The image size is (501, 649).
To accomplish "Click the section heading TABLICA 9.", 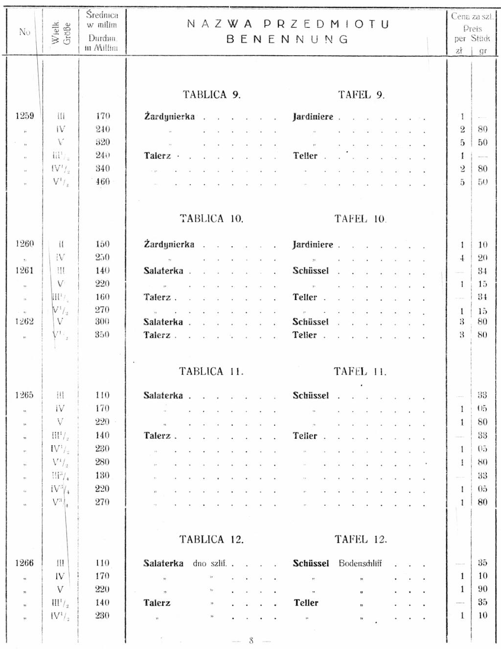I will pos(212,95).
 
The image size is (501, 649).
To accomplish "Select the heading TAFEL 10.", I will pos(361,219).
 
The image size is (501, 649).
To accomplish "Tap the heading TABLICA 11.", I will pos(211,371).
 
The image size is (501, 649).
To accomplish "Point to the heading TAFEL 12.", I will pos(361,540).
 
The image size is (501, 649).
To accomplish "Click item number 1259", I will pos(24,116).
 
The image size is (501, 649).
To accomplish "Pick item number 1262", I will pos(24,322).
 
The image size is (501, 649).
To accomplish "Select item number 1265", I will pos(24,395).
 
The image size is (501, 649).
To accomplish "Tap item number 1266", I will pos(24,563).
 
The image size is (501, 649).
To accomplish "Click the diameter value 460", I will pos(103,182).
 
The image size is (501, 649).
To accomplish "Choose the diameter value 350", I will pos(102,335).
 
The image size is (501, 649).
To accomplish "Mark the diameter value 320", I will pos(103,142).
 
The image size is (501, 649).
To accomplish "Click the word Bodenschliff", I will pos(360,563).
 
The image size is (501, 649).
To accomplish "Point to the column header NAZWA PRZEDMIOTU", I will pos(288,24).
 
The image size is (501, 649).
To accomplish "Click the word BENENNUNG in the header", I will pos(288,39).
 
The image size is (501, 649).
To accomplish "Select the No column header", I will pos(24,32).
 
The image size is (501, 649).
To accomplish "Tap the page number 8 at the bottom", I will pos(251,640).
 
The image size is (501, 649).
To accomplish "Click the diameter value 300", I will pos(102,322).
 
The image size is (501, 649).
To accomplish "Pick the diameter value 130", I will pos(102,476).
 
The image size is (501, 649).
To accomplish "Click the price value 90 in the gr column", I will pos(482,589).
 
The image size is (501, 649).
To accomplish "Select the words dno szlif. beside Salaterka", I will pos(209,563).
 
